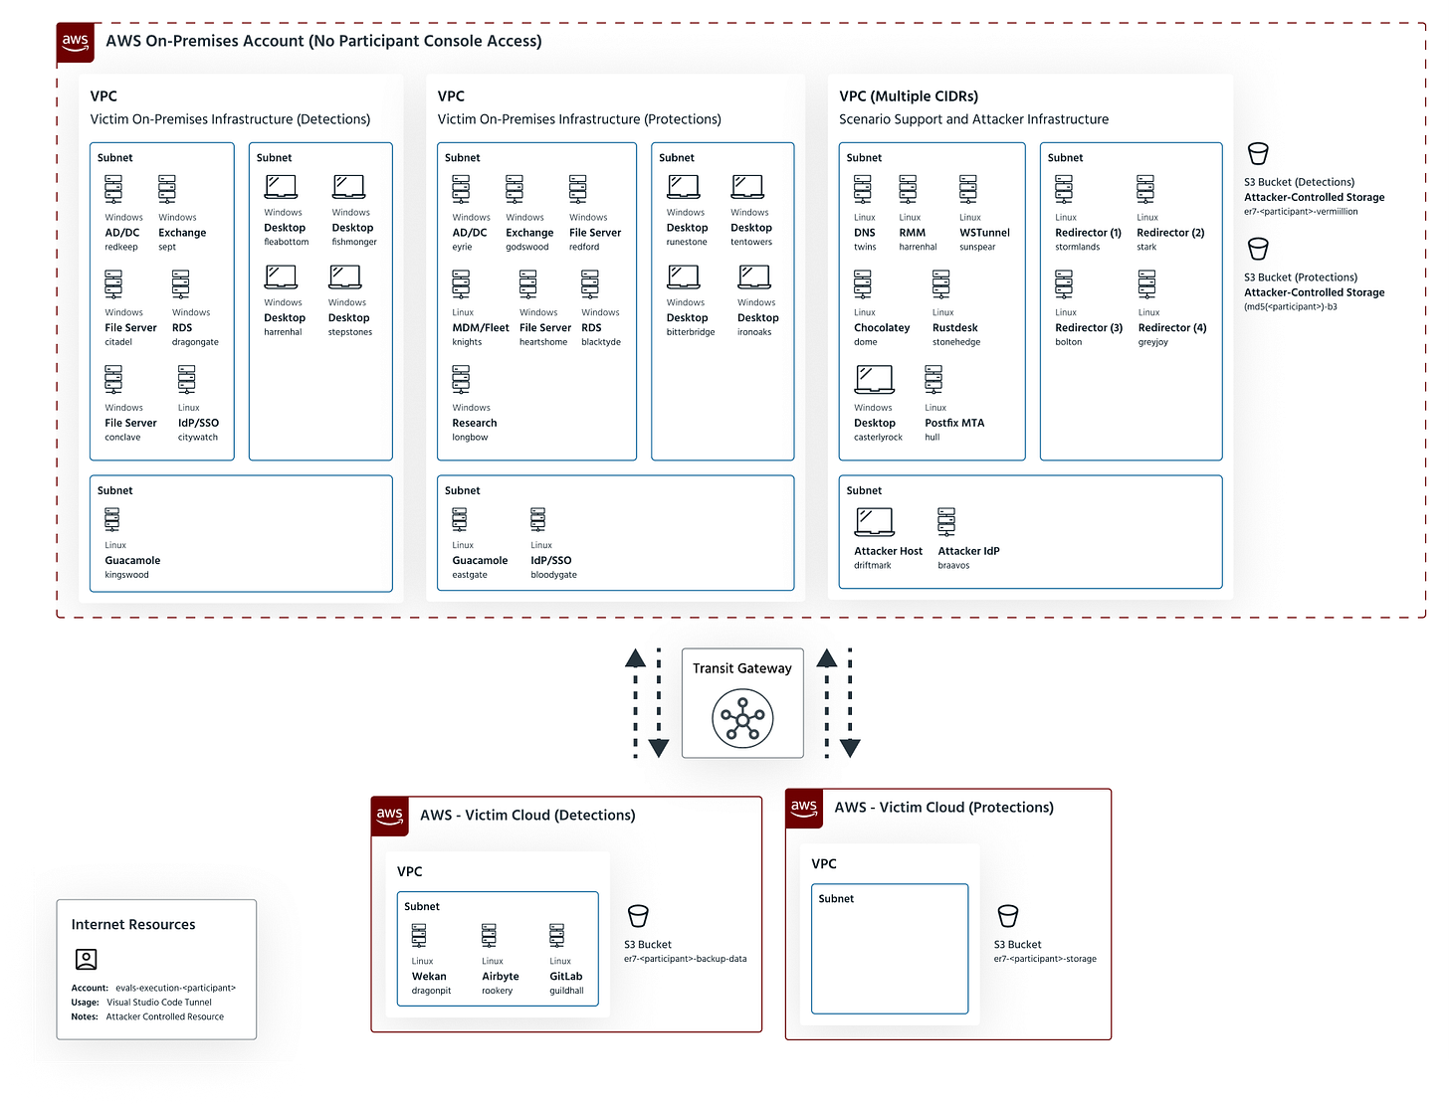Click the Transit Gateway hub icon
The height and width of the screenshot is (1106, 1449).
pyautogui.click(x=742, y=718)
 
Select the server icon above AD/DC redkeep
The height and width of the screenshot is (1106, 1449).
pyautogui.click(x=114, y=190)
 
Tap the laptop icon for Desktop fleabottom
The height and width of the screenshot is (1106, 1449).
pyautogui.click(x=281, y=187)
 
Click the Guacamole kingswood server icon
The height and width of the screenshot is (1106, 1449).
pyautogui.click(x=112, y=520)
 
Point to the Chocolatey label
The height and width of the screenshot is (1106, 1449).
pyautogui.click(x=882, y=327)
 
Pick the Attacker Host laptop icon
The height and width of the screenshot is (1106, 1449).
pyautogui.click(x=874, y=521)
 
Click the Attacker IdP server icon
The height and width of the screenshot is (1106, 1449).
pyautogui.click(x=946, y=522)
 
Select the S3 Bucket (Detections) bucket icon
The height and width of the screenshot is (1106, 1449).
pyautogui.click(x=1258, y=154)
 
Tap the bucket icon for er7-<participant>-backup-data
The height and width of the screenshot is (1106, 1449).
pyautogui.click(x=638, y=915)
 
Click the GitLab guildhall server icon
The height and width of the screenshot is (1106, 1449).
pyautogui.click(x=557, y=936)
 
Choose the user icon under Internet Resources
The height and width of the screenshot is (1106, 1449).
pyautogui.click(x=87, y=959)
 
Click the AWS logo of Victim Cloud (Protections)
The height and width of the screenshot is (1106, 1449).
pyautogui.click(x=804, y=808)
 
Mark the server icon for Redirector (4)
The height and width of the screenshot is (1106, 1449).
pyautogui.click(x=1147, y=285)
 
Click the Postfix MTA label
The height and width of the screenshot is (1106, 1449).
pyautogui.click(x=954, y=423)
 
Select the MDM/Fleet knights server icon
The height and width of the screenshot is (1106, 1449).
pyautogui.click(x=461, y=285)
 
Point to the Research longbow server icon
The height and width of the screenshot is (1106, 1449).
pyautogui.click(x=461, y=380)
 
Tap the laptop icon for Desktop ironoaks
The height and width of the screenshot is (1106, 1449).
pyautogui.click(x=754, y=277)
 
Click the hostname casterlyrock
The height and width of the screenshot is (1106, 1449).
pyautogui.click(x=878, y=438)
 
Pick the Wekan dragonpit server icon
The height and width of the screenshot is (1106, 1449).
pyautogui.click(x=419, y=936)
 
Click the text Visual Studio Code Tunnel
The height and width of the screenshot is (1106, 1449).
pyautogui.click(x=159, y=1003)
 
